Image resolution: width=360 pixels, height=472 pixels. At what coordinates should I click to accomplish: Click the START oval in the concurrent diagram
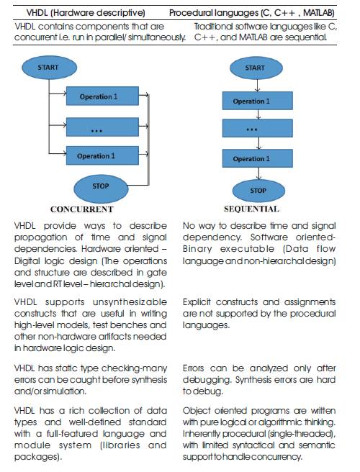tap(49, 68)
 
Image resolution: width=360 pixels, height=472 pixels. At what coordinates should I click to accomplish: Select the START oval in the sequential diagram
tap(256, 68)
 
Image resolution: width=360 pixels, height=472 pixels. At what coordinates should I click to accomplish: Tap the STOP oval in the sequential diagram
tap(258, 191)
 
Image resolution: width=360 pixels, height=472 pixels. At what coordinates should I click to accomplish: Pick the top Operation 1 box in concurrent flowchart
tap(102, 96)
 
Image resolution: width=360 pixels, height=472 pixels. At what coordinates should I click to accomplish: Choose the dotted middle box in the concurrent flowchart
tap(102, 127)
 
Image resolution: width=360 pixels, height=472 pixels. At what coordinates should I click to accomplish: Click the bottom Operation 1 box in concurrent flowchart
tap(102, 155)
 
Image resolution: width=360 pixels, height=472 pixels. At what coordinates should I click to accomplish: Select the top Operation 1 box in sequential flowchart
tap(258, 101)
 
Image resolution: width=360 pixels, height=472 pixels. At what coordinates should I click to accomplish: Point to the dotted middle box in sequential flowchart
tap(258, 128)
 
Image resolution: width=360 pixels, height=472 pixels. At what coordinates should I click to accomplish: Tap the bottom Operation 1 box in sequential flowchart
tap(258, 158)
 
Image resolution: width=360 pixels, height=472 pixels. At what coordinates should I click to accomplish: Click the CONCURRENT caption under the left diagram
tap(82, 209)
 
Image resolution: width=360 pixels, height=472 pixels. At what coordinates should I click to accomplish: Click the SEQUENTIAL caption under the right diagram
tap(251, 209)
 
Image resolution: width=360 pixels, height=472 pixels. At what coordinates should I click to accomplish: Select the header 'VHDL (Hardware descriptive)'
tap(86, 13)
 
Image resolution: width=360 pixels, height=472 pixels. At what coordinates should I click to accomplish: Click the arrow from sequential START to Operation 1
tap(257, 86)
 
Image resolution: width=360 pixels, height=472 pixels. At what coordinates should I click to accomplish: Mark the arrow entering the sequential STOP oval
tap(258, 173)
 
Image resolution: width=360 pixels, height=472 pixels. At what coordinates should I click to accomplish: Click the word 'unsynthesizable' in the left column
tap(130, 302)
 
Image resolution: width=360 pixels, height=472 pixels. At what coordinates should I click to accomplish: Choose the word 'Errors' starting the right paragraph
tap(193, 368)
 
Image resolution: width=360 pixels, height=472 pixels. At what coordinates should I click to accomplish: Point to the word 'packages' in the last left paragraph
tap(38, 457)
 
